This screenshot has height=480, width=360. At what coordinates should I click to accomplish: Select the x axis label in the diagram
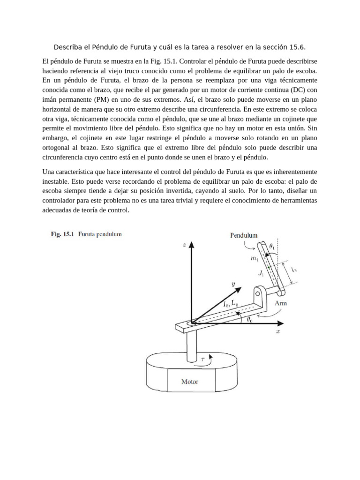tap(277, 331)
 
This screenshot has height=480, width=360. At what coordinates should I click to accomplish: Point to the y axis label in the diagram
tap(233, 284)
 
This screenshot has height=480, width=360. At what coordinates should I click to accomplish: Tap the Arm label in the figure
tap(281, 303)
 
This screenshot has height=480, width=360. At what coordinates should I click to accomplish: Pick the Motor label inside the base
tap(190, 382)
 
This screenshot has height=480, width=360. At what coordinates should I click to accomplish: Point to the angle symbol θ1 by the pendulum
tap(273, 246)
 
